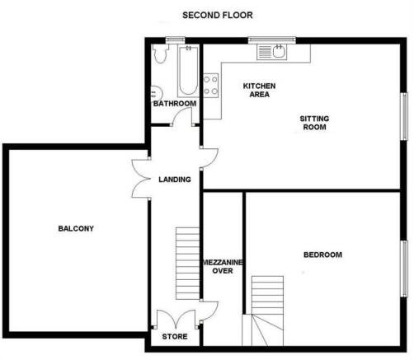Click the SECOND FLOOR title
218,15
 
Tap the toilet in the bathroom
160,54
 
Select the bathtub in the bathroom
188,72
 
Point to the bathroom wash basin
156,92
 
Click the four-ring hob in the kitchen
211,86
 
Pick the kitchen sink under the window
272,52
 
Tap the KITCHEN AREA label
259,90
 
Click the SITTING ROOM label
314,123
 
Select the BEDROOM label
322,255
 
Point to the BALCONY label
76,228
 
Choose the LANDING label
175,180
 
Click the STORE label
175,336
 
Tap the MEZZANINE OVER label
223,266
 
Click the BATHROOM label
175,104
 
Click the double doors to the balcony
141,179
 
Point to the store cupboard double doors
176,319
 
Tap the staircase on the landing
187,264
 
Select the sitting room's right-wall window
404,116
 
